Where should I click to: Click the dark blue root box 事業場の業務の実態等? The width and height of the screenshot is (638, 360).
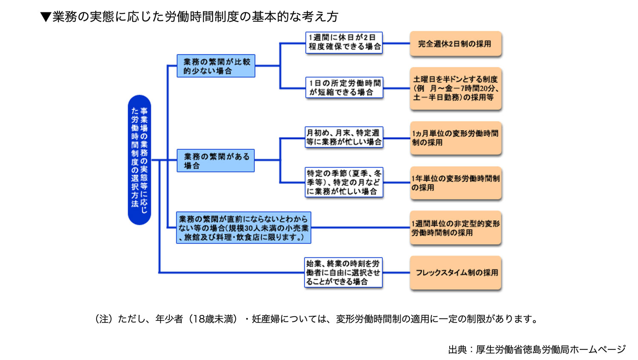[140, 160]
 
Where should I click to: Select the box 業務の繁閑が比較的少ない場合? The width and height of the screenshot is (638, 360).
[216, 66]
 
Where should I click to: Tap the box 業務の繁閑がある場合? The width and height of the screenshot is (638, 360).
[216, 160]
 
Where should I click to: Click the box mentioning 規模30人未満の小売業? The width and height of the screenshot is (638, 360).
[244, 228]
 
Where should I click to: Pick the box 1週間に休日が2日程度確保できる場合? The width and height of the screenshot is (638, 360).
[344, 43]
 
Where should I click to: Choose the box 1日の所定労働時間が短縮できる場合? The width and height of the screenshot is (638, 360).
[344, 88]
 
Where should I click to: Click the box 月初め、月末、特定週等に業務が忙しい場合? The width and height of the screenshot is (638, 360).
[344, 137]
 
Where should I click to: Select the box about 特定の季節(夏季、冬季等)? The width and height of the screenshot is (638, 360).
[344, 182]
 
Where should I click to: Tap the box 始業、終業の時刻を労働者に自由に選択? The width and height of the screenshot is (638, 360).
[343, 272]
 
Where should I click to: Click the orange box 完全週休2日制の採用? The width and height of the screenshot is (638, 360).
[455, 44]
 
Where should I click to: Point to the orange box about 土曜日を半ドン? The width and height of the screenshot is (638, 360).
[455, 89]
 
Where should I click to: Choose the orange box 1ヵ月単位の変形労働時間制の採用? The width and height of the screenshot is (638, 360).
[455, 138]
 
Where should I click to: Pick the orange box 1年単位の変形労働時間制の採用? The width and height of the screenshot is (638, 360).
[455, 183]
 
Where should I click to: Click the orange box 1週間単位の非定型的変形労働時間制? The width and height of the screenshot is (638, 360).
[455, 228]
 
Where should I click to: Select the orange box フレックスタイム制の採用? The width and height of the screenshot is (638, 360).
[455, 273]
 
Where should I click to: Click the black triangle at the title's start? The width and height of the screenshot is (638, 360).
[46, 17]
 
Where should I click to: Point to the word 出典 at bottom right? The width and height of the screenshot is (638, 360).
[457, 350]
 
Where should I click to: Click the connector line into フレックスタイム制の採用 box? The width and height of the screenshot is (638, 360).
[396, 273]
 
